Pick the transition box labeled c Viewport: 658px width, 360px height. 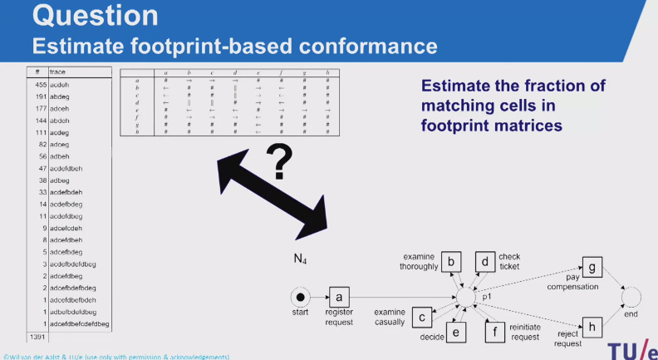point(423,317)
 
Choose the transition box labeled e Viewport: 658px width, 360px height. point(456,332)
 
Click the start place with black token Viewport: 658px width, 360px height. point(300,297)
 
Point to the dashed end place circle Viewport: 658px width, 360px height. point(632,296)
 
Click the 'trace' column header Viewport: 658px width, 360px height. point(58,72)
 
